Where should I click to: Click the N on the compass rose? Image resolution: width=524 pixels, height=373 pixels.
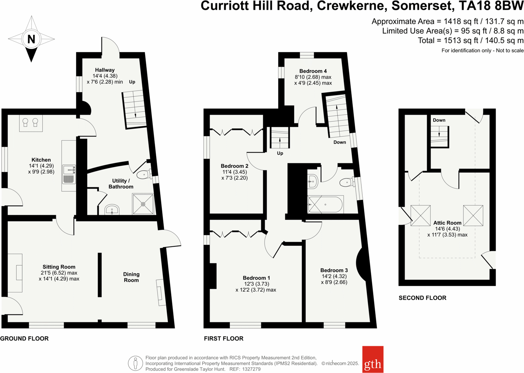[31, 39]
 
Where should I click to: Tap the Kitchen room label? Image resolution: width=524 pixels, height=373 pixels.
[41, 160]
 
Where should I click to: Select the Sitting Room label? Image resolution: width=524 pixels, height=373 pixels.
[59, 267]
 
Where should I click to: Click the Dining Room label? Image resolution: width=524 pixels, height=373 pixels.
[131, 277]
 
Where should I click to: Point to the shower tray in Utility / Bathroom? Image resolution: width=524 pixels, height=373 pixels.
[143, 204]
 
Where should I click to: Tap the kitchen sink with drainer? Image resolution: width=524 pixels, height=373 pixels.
[69, 174]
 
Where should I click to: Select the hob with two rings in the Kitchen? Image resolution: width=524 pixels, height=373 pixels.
[30, 123]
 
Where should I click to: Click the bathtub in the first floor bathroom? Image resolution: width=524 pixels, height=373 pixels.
[325, 204]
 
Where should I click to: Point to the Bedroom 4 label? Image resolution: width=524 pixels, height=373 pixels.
[313, 71]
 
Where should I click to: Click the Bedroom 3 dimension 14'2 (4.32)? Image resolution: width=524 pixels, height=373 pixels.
[334, 276]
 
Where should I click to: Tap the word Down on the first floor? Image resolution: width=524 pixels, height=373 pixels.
[339, 142]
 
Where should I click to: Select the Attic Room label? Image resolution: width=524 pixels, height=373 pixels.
[447, 223]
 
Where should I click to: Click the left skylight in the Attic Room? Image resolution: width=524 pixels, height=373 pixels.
[420, 216]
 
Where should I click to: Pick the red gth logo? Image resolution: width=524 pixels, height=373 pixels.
[373, 360]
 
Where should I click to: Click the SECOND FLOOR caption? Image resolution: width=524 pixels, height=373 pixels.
[422, 298]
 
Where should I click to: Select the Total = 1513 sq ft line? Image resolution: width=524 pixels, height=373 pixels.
[470, 40]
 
